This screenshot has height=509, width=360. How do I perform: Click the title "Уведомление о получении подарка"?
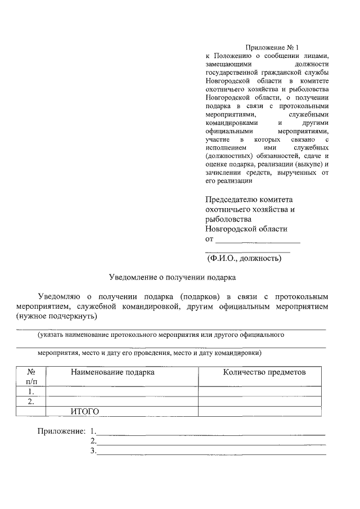click(x=172, y=277)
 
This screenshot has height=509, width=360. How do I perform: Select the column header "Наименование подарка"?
click(x=112, y=372)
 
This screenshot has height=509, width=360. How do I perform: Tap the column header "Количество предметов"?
click(x=264, y=372)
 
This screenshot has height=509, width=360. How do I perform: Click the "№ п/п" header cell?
click(x=31, y=377)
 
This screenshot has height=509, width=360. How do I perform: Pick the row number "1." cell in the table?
click(x=31, y=391)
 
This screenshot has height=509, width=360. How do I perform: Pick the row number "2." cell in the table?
click(x=31, y=402)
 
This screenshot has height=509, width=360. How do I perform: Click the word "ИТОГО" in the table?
click(x=85, y=412)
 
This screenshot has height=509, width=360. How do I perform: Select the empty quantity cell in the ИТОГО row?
click(x=260, y=412)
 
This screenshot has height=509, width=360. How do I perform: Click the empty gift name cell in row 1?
click(x=122, y=391)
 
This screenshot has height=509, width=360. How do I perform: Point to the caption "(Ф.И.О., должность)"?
click(x=244, y=259)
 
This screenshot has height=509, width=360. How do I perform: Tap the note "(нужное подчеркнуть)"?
click(x=57, y=317)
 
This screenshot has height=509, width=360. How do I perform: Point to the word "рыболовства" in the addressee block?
click(x=228, y=219)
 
